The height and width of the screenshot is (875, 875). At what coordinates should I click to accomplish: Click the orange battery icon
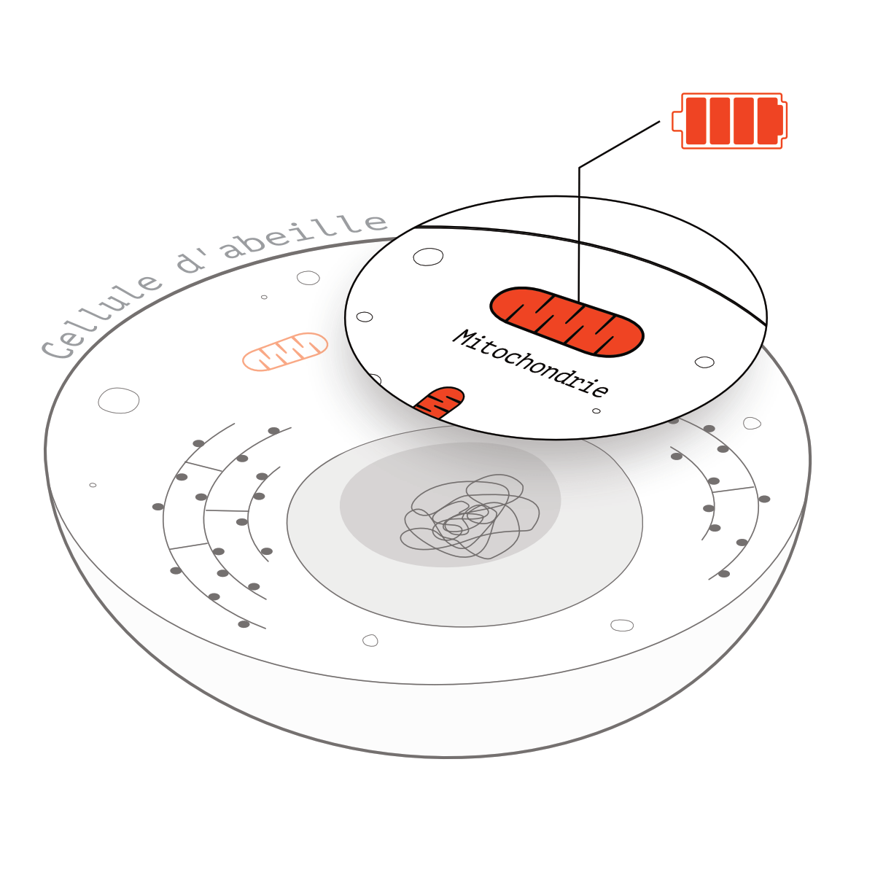click(x=729, y=121)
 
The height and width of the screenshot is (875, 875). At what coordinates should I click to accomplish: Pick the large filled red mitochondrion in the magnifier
click(x=567, y=322)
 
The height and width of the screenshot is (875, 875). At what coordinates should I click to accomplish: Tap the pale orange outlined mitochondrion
click(x=285, y=351)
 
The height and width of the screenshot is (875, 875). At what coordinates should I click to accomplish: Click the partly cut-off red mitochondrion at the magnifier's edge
click(x=440, y=402)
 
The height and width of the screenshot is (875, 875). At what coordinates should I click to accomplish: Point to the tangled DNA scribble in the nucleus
click(x=470, y=516)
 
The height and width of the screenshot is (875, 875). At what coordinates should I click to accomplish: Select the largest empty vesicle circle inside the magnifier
click(x=428, y=257)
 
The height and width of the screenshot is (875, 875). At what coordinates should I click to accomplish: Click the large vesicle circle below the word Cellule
click(x=119, y=400)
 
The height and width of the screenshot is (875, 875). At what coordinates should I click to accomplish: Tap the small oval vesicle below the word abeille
click(x=308, y=277)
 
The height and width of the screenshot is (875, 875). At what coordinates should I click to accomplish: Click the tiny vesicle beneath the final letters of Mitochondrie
click(x=596, y=411)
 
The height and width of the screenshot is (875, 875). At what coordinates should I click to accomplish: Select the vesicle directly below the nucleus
click(x=370, y=640)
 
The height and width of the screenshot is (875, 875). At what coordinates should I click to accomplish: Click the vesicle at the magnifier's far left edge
click(x=365, y=316)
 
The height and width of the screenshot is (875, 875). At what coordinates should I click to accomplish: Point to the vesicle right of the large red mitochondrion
click(x=704, y=362)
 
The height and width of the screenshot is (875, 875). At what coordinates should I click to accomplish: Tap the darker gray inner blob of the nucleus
click(x=450, y=505)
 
